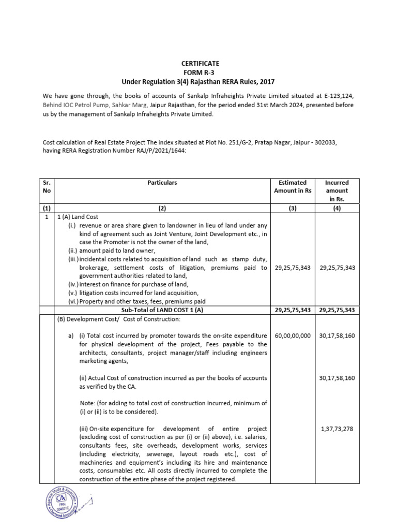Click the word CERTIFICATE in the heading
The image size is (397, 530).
198,64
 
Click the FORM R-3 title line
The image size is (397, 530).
198,72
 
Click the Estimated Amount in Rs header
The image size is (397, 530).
293,186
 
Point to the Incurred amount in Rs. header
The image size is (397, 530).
337,190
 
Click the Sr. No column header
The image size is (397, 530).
47,186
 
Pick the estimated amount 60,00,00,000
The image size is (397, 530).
293,336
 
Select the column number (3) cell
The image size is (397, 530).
293,208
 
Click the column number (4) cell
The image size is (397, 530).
337,208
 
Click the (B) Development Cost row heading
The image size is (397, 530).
118,319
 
